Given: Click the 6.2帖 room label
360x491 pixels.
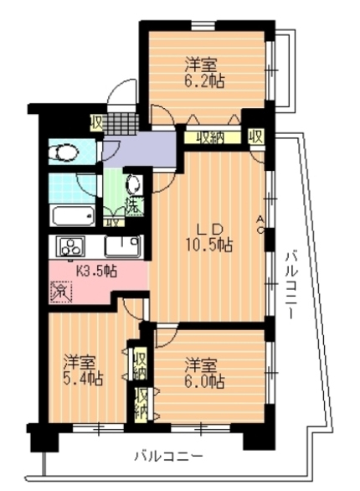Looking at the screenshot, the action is point(205,73).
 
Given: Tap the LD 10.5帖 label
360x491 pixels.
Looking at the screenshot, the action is point(209,237).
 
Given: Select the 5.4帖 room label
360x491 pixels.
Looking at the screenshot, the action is point(83,370).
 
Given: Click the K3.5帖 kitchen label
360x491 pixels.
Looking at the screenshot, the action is point(97,270).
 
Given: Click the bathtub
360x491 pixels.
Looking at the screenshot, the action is point(73,215).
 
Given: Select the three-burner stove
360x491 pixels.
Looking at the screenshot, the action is point(70,246).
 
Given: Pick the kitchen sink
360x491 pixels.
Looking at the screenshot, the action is point(123,245).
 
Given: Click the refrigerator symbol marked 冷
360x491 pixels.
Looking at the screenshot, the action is point(61,292).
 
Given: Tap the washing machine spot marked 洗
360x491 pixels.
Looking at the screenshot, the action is point(135,206).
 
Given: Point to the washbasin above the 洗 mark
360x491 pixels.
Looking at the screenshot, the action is point(135,184).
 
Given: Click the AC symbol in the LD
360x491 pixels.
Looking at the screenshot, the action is point(260,225).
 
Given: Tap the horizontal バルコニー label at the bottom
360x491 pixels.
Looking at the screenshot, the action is point(169,457).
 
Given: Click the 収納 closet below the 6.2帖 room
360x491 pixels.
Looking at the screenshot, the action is point(213,137).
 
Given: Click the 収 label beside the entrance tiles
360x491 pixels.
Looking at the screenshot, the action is point(96,123).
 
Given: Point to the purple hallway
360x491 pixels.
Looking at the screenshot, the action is point(141,149).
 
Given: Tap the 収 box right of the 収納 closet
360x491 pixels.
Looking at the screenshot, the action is point(256,137).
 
